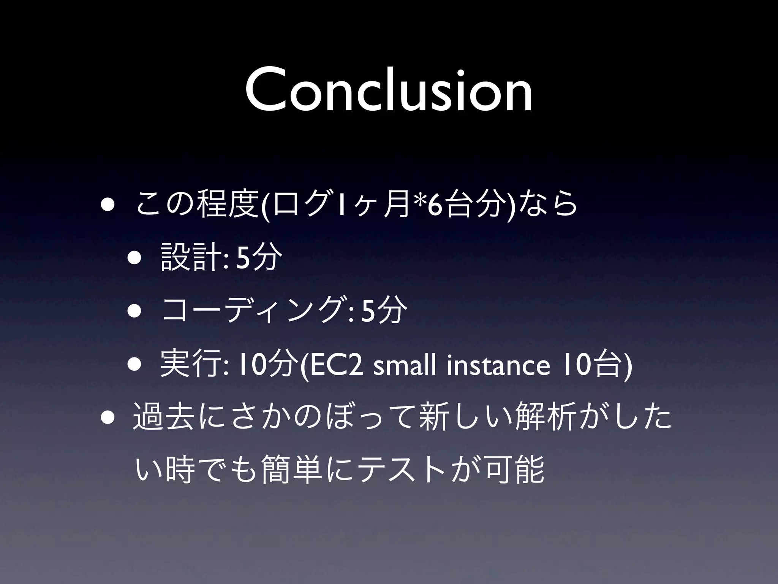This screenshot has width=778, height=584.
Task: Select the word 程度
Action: (226, 207)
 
